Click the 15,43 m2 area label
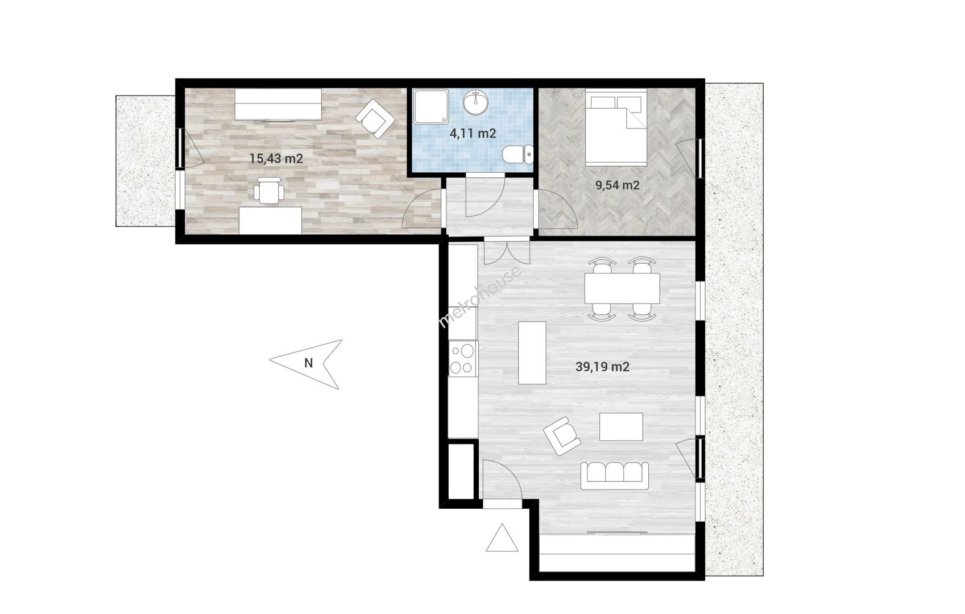click(x=276, y=159)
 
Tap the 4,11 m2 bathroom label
click(x=473, y=134)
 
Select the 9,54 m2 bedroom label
click(x=618, y=185)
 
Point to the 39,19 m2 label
click(x=602, y=367)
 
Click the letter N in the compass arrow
click(x=308, y=363)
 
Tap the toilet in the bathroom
click(x=518, y=155)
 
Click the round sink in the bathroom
click(x=476, y=103)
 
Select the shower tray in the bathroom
click(x=431, y=106)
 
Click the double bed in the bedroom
click(x=616, y=127)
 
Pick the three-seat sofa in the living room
click(x=614, y=476)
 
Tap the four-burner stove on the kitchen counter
click(x=463, y=359)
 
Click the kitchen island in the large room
click(x=532, y=352)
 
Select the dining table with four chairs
click(x=622, y=288)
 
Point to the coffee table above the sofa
click(x=621, y=427)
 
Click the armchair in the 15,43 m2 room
click(x=375, y=118)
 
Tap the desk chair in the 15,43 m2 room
click(x=269, y=190)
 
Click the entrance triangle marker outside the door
click(x=502, y=537)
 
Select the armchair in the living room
click(x=562, y=435)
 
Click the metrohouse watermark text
click(x=479, y=297)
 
